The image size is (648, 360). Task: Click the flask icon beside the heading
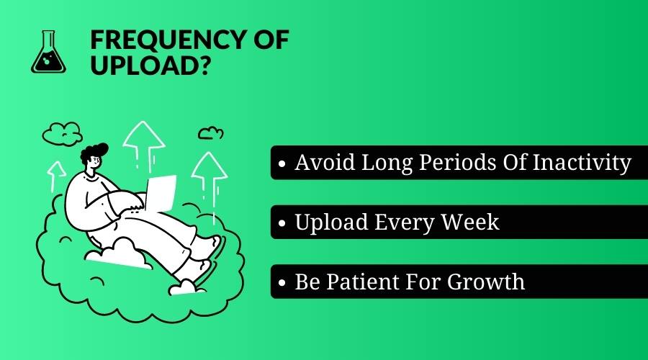[x=48, y=52]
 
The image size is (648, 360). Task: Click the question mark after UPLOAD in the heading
[x=202, y=65]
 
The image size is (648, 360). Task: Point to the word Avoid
[x=325, y=162]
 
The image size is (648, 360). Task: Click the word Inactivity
[x=582, y=163]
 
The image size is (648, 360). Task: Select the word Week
[x=470, y=222]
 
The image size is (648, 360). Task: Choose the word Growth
[x=485, y=282]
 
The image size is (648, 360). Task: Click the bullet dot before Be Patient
[x=282, y=283]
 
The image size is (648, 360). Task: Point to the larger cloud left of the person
[x=63, y=133]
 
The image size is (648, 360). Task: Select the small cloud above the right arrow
[x=211, y=133]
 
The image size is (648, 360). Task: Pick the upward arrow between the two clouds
[x=144, y=145]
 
